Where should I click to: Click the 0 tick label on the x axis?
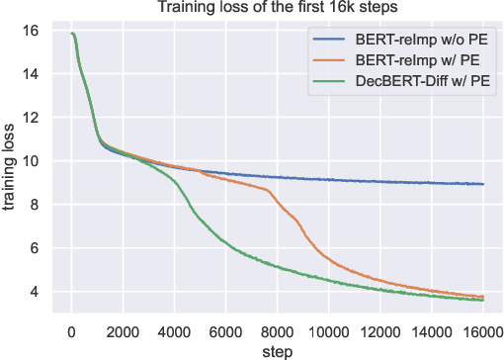coord(71,329)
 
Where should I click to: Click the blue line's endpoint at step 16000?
coord(483,184)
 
